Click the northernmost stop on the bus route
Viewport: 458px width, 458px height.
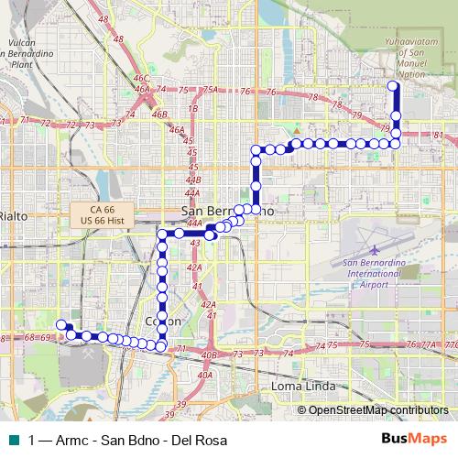pyautogui.click(x=394, y=86)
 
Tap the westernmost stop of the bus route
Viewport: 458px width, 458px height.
pyautogui.click(x=61, y=324)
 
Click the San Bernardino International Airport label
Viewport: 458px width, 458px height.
pyautogui.click(x=371, y=274)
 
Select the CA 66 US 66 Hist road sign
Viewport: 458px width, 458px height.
pyautogui.click(x=103, y=215)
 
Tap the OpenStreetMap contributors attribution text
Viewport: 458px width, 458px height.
pyautogui.click(x=378, y=409)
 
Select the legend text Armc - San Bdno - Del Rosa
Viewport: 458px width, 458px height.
pyautogui.click(x=128, y=440)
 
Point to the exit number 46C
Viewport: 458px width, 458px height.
pyautogui.click(x=140, y=80)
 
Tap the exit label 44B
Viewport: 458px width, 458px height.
pyautogui.click(x=192, y=180)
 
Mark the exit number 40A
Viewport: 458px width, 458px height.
pyautogui.click(x=204, y=375)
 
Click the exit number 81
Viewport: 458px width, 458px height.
pyautogui.click(x=439, y=136)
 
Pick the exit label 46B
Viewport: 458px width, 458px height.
pyautogui.click(x=160, y=114)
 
